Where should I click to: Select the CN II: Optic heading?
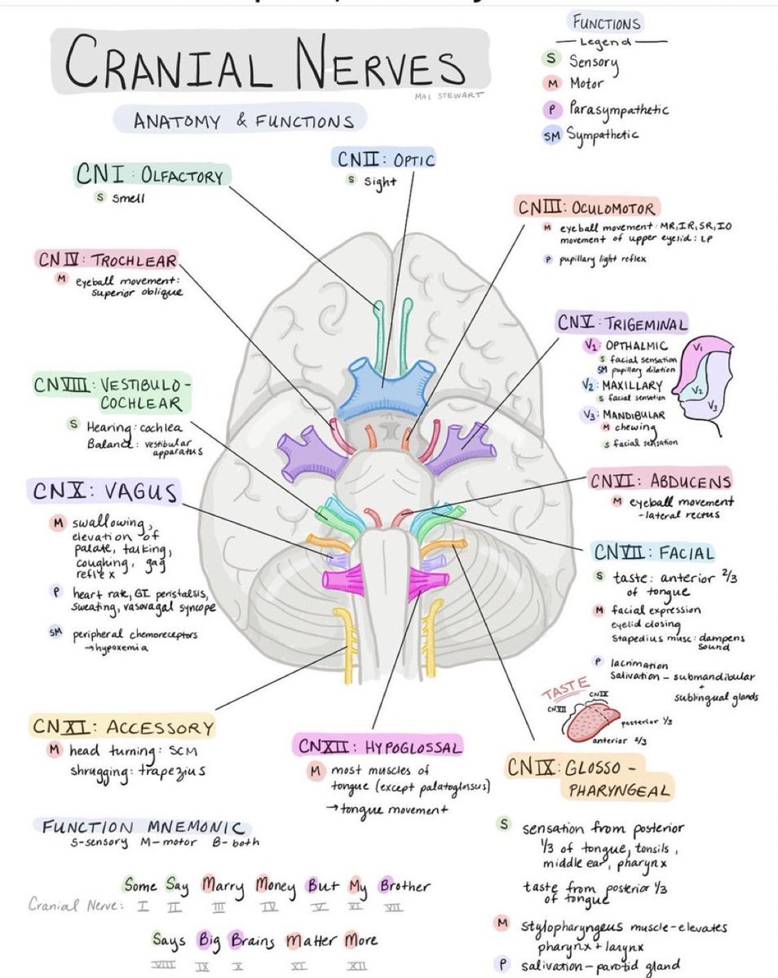click(x=383, y=158)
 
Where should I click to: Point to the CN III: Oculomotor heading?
click(x=586, y=208)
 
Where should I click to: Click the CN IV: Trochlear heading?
click(x=106, y=260)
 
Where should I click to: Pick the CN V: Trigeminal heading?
click(x=622, y=323)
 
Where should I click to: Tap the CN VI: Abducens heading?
click(x=661, y=481)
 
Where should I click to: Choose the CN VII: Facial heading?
click(x=654, y=553)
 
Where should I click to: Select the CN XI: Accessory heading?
click(x=123, y=727)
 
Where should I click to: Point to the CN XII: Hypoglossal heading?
click(x=380, y=746)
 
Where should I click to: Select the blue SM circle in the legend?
click(x=552, y=135)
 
